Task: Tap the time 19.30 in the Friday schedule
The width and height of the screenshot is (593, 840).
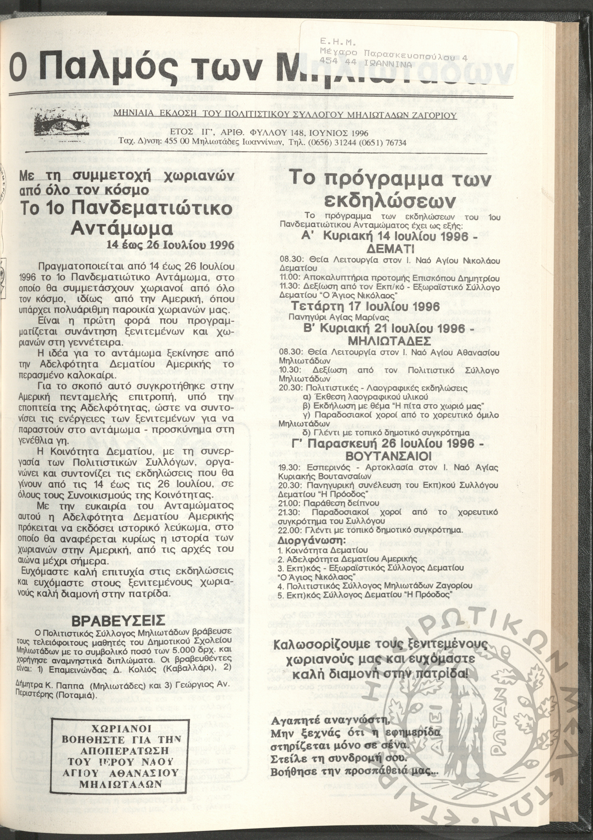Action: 288,467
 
